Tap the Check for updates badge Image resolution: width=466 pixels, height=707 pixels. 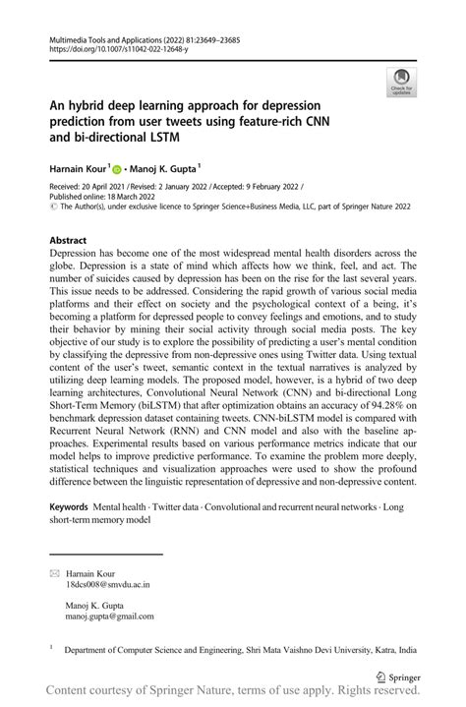400,83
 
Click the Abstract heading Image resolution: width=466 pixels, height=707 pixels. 70,240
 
